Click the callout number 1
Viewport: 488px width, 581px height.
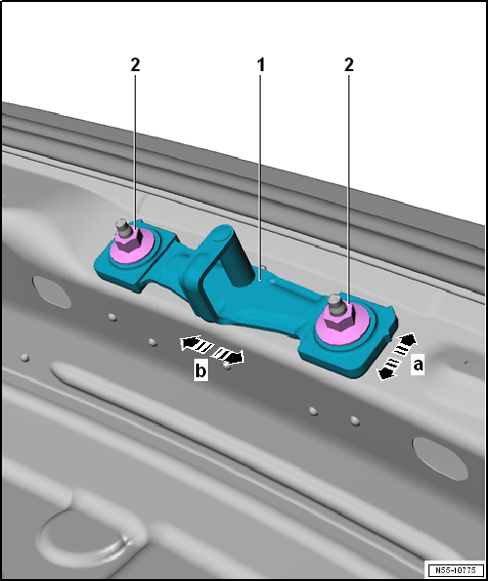click(x=261, y=65)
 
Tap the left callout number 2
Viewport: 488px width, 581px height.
click(x=135, y=65)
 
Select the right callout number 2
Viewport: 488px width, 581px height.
click(x=348, y=65)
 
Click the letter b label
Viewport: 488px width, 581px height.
click(x=200, y=372)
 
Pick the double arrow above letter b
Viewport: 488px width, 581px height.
click(x=211, y=349)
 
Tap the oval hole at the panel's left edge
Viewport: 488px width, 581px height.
click(x=46, y=289)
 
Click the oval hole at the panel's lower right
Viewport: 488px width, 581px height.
click(x=436, y=454)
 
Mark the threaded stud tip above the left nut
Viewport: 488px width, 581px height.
click(x=121, y=224)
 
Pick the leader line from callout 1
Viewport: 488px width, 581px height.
click(x=261, y=175)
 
